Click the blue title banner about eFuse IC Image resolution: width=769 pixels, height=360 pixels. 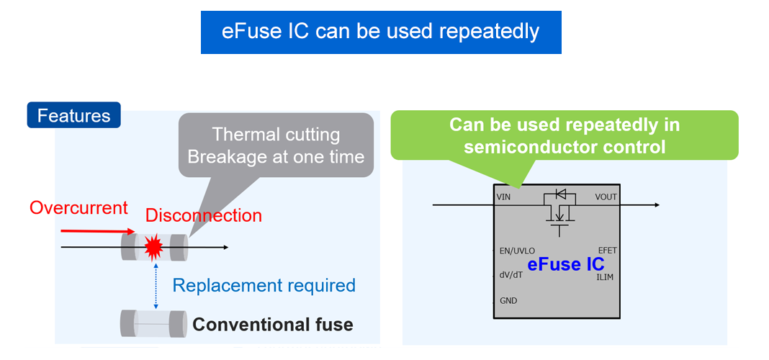(380, 32)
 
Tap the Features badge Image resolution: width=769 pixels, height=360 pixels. (73, 116)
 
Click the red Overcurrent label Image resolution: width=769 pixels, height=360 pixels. (78, 208)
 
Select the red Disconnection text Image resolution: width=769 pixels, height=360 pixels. (203, 215)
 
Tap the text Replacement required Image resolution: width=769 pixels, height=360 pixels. (264, 285)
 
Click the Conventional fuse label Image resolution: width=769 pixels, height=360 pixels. (273, 325)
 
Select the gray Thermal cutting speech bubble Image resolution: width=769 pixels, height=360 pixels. (276, 145)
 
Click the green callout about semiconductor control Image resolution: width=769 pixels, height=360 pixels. (565, 135)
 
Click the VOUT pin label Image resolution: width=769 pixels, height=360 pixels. (606, 197)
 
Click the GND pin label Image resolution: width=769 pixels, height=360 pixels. (508, 300)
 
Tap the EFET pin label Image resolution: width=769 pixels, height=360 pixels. (607, 250)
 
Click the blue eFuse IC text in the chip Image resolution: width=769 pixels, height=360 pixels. (566, 264)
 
